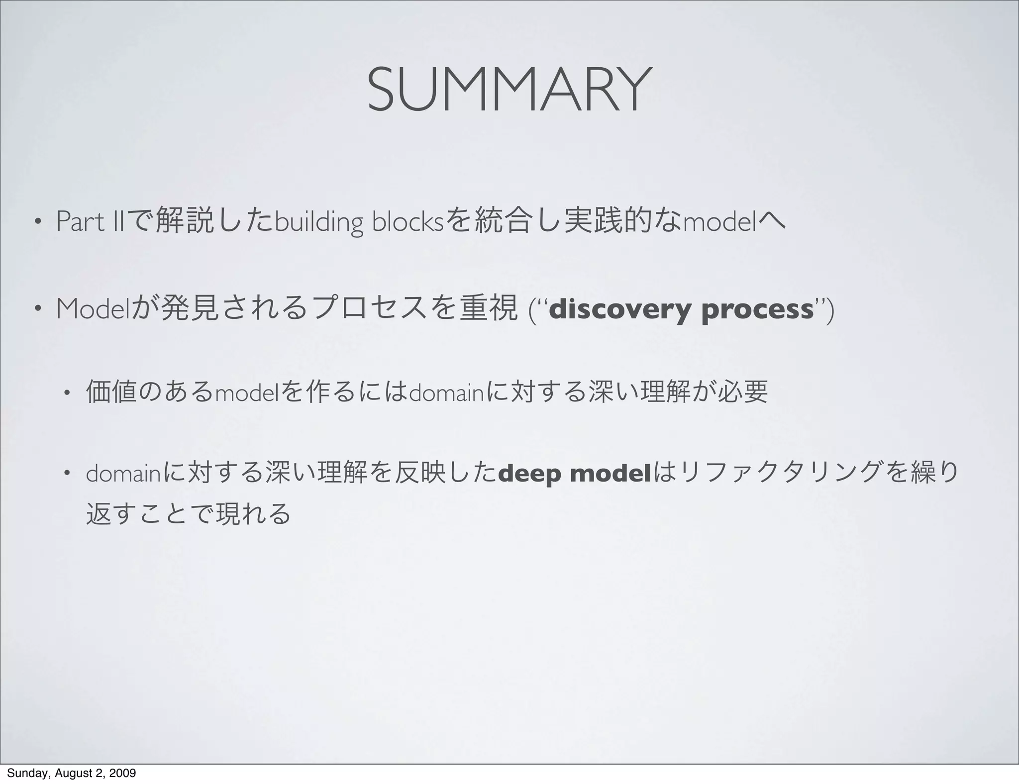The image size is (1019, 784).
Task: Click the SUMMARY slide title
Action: pyautogui.click(x=509, y=90)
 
